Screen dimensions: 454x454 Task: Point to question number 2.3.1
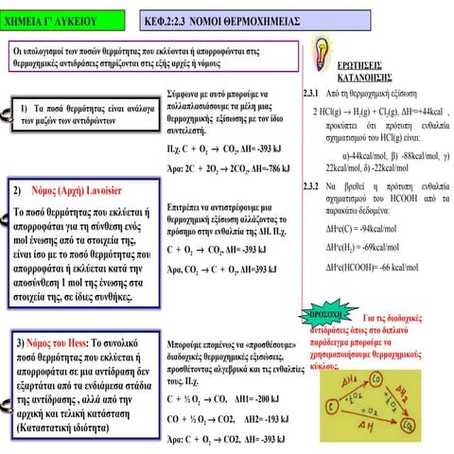[309, 96]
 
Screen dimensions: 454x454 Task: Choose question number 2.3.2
[309, 185]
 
